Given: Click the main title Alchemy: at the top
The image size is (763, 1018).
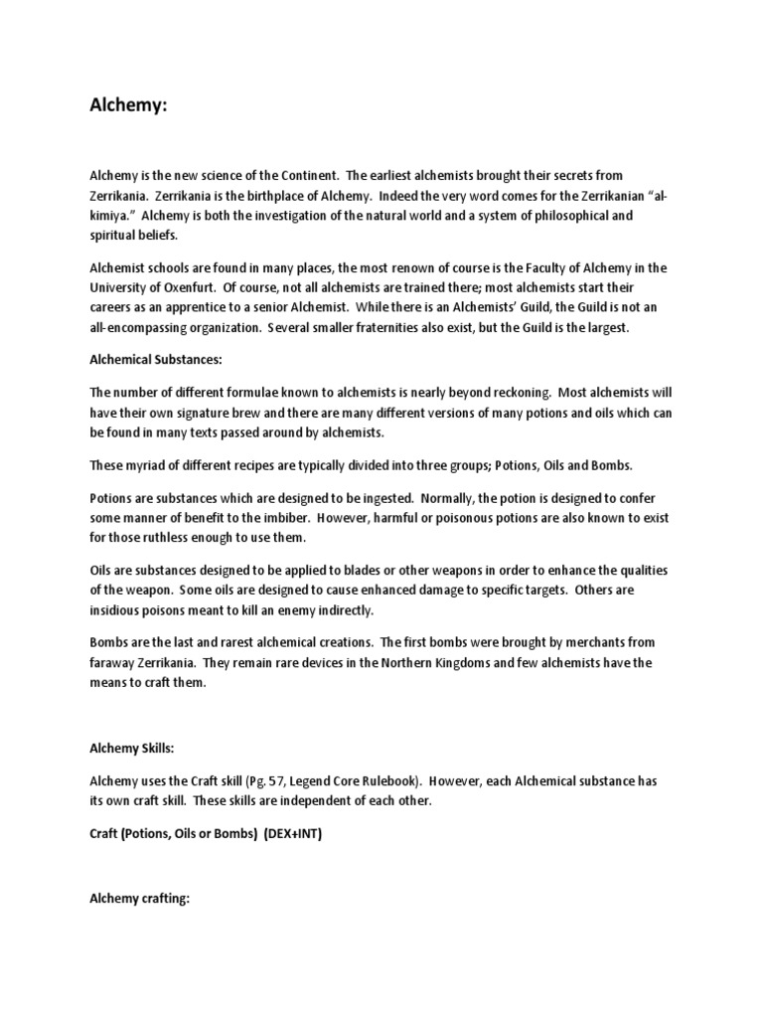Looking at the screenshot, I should [128, 107].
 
